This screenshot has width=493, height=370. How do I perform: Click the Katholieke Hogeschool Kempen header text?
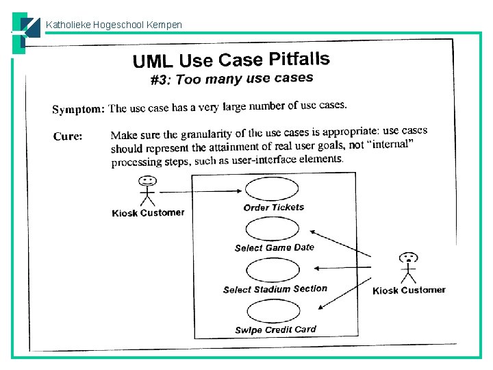point(114,25)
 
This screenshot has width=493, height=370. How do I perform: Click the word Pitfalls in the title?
point(299,59)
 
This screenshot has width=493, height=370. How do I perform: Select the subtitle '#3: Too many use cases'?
point(231,79)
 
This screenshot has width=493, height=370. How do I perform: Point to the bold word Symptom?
point(79,109)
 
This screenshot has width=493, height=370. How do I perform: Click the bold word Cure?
point(68,136)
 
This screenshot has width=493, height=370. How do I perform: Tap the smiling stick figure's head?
point(147,182)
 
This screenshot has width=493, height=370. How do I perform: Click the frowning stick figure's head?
point(409,258)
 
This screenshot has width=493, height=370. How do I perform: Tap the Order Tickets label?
point(274,207)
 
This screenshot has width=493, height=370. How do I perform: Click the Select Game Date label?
point(274,247)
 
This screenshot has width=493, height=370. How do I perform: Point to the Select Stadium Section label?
point(275,289)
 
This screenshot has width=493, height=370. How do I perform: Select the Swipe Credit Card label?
point(275,330)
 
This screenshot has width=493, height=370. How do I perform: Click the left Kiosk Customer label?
point(148,212)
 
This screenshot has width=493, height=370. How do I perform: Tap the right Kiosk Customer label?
point(409,291)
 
